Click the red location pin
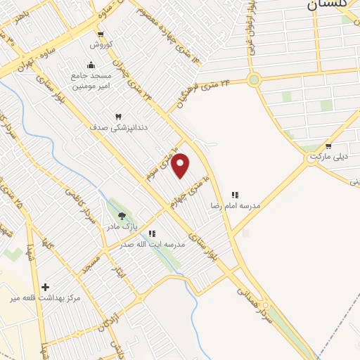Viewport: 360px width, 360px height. [181, 165]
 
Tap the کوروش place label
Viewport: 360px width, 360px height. [100, 45]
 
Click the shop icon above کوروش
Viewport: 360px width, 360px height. [100, 34]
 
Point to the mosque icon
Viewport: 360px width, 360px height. [91, 65]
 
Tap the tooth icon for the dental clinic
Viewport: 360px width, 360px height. [118, 117]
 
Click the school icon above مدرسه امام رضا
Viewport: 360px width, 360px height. [235, 195]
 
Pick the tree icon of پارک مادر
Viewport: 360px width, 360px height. [122, 216]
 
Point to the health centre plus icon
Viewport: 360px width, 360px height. [46, 287]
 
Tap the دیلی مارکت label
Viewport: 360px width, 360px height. [328, 156]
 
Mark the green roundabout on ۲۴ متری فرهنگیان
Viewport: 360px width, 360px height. [254, 79]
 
